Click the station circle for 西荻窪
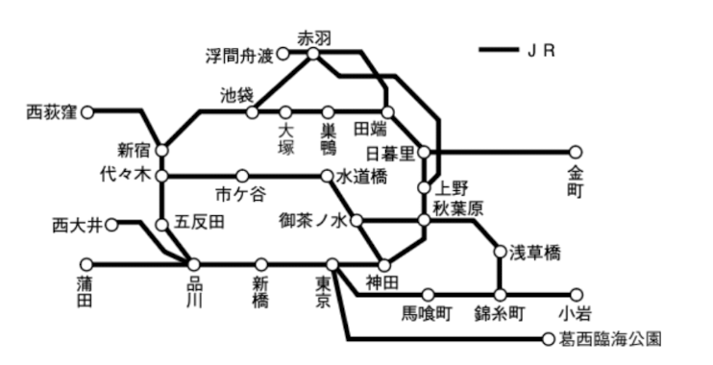pos(87,112)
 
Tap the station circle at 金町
pos(576,152)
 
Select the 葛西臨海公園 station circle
pos(549,339)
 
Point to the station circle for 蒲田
pos(87,264)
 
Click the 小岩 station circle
pos(577,295)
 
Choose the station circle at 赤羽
pos(313,55)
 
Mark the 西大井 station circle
pos(111,225)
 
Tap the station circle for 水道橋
pos(328,177)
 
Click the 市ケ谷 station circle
pos(242,177)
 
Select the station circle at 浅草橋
pos(500,253)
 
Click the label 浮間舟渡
pos(239,55)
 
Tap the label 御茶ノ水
pos(312,221)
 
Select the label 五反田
pos(202,223)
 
